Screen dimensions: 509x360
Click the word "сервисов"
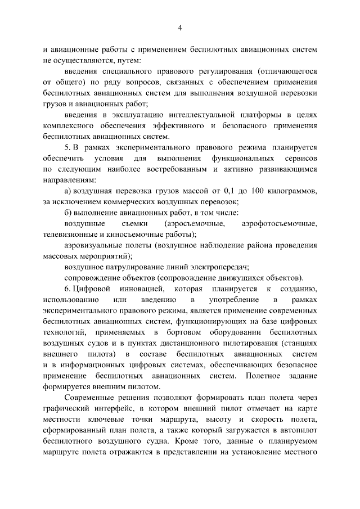(x=298, y=158)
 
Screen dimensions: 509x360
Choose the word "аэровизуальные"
(x=92, y=246)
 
